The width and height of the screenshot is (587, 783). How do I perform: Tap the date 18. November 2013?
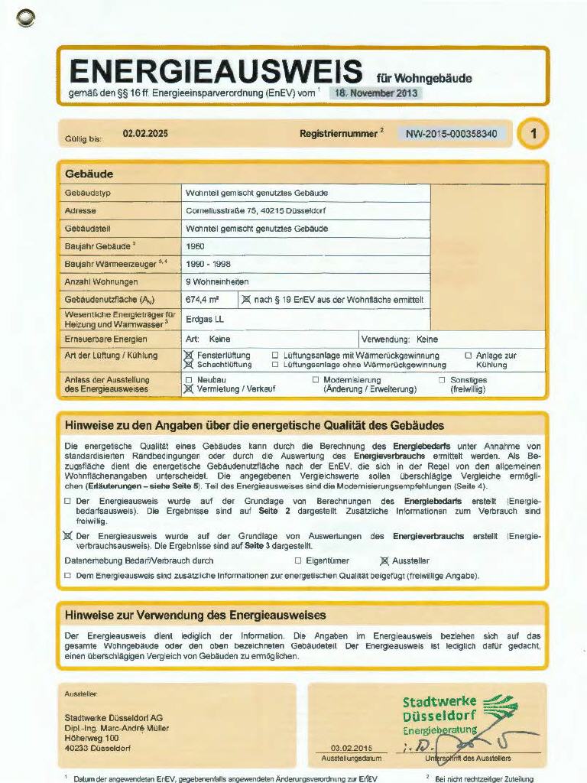coord(375,93)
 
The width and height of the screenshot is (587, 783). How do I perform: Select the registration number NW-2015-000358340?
coord(451,134)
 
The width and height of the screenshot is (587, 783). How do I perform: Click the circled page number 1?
coord(533,134)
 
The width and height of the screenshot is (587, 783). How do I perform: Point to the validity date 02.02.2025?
coord(145,134)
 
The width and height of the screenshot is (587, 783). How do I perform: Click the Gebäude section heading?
coord(89,174)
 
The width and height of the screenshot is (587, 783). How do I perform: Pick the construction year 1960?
coord(196,247)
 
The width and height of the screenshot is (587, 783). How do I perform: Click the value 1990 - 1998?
coord(209,264)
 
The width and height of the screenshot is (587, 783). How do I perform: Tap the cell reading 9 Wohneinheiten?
coord(217,281)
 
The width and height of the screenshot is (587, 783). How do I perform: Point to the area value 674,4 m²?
coord(203,300)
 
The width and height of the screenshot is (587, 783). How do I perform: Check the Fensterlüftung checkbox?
coord(189,356)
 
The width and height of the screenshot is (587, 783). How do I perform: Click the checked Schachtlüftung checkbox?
coord(189,365)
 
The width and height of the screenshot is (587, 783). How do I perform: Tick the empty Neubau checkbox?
coord(189,380)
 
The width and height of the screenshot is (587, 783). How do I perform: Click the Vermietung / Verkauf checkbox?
coord(189,389)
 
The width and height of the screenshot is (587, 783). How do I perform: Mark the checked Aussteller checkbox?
coord(384,560)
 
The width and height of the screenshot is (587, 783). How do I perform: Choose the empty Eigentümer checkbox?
coord(298,560)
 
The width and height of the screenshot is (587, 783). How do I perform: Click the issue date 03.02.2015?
coord(351,748)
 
